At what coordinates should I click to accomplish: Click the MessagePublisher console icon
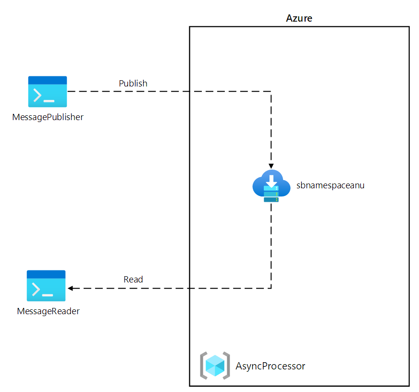48,91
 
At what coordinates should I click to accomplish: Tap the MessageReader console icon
46,285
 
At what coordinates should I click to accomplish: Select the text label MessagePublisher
48,117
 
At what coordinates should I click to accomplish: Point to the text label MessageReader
48,311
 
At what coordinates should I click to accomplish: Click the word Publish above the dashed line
133,83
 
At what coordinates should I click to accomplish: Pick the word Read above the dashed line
133,279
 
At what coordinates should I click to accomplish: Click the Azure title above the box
299,19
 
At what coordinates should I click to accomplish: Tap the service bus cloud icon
271,186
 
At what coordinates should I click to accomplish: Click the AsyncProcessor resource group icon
215,366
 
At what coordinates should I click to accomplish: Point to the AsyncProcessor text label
271,366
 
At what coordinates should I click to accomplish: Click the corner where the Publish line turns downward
271,91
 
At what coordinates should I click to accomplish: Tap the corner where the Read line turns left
271,288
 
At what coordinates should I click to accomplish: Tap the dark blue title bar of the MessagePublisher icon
48,80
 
